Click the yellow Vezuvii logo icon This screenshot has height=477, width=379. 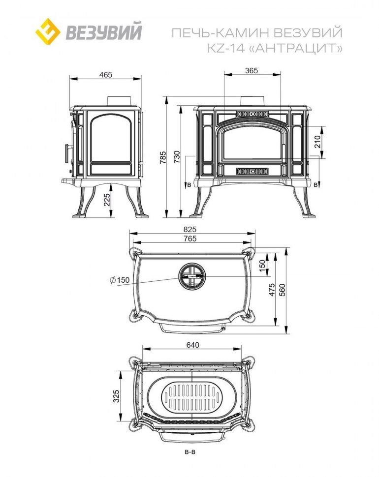click(x=48, y=31)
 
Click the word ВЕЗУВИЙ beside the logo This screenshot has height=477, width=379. click(x=104, y=32)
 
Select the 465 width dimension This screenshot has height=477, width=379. click(x=106, y=74)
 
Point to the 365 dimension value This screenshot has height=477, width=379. click(x=252, y=71)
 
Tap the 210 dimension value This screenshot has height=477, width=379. click(x=317, y=142)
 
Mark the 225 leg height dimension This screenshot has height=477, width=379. click(x=107, y=200)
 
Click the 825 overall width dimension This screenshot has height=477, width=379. click(x=190, y=229)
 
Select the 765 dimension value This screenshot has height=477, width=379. click(x=190, y=239)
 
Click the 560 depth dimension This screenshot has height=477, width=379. click(x=282, y=290)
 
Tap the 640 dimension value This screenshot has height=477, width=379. click(x=192, y=345)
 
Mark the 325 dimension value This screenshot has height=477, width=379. click(x=116, y=396)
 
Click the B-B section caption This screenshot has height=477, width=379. click(x=189, y=452)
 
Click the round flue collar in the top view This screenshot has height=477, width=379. click(x=192, y=276)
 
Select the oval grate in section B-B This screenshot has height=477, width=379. click(x=192, y=398)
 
